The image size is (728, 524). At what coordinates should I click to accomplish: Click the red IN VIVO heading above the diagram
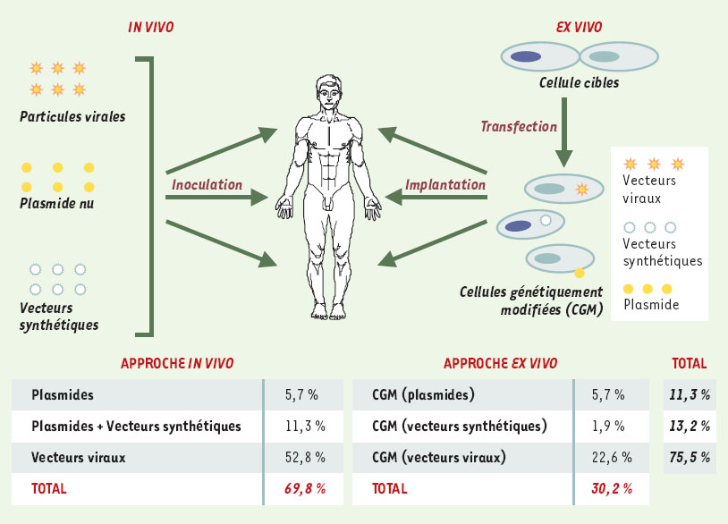(151, 27)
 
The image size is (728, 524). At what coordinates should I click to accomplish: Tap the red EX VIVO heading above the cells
(579, 27)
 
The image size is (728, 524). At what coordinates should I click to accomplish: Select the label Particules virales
(72, 116)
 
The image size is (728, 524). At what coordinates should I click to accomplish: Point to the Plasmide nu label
(56, 203)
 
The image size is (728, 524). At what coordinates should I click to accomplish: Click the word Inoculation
(207, 185)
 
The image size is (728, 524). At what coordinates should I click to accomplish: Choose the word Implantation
(445, 185)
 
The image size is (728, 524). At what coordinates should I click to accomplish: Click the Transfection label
(519, 126)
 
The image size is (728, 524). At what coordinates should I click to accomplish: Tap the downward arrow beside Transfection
(564, 132)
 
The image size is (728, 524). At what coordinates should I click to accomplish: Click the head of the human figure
(329, 92)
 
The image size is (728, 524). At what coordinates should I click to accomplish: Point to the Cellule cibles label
(579, 82)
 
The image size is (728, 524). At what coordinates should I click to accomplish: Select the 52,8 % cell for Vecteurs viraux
(305, 458)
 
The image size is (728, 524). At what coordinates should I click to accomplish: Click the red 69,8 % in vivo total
(305, 489)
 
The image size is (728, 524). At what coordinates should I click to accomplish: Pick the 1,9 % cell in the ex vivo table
(608, 426)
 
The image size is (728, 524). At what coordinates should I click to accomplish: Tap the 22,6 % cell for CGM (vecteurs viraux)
(612, 458)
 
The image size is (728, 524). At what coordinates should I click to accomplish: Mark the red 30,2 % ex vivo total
(612, 489)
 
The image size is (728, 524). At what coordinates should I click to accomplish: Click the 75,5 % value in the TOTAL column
(690, 458)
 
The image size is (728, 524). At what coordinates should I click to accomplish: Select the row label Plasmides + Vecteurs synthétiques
(136, 426)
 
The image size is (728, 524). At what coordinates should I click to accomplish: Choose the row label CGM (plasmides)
(423, 395)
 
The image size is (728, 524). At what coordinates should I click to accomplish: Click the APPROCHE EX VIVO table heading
(501, 363)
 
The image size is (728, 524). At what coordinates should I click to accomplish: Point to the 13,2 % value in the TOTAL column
(690, 426)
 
